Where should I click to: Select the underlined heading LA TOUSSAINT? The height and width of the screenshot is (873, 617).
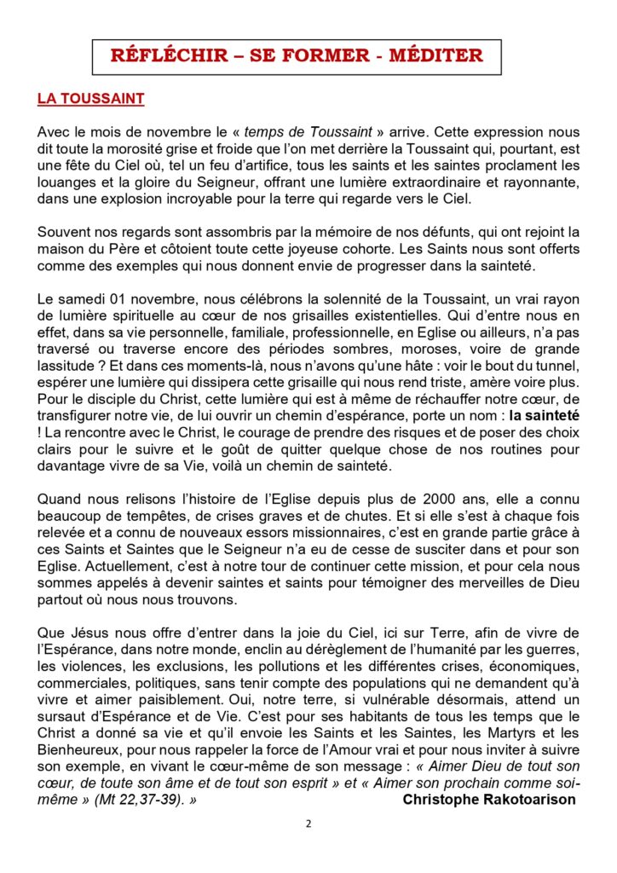click(x=90, y=99)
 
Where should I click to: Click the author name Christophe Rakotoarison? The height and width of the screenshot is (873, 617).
click(x=488, y=800)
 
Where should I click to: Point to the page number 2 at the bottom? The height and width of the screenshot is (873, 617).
click(x=308, y=824)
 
